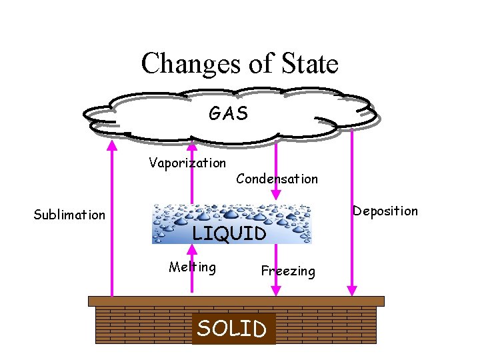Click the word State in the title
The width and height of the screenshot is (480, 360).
(x=309, y=64)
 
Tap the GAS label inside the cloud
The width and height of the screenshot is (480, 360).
(x=228, y=114)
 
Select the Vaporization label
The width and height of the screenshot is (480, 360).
(x=187, y=163)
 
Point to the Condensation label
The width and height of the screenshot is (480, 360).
(x=277, y=179)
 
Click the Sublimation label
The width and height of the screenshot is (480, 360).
(x=69, y=215)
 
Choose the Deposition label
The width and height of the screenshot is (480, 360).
(x=385, y=211)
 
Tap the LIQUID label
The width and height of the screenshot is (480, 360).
(x=229, y=233)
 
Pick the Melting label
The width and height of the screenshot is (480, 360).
(x=192, y=267)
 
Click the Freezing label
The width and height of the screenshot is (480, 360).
(x=288, y=271)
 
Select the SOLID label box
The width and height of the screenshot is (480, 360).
(x=233, y=329)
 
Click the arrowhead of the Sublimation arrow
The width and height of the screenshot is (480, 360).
(x=111, y=144)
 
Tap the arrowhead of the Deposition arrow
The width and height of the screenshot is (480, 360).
(x=352, y=290)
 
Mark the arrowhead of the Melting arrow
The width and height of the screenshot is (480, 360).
(x=193, y=249)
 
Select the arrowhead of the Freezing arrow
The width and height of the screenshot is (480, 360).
(x=275, y=290)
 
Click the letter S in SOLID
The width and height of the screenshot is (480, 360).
(x=205, y=329)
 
